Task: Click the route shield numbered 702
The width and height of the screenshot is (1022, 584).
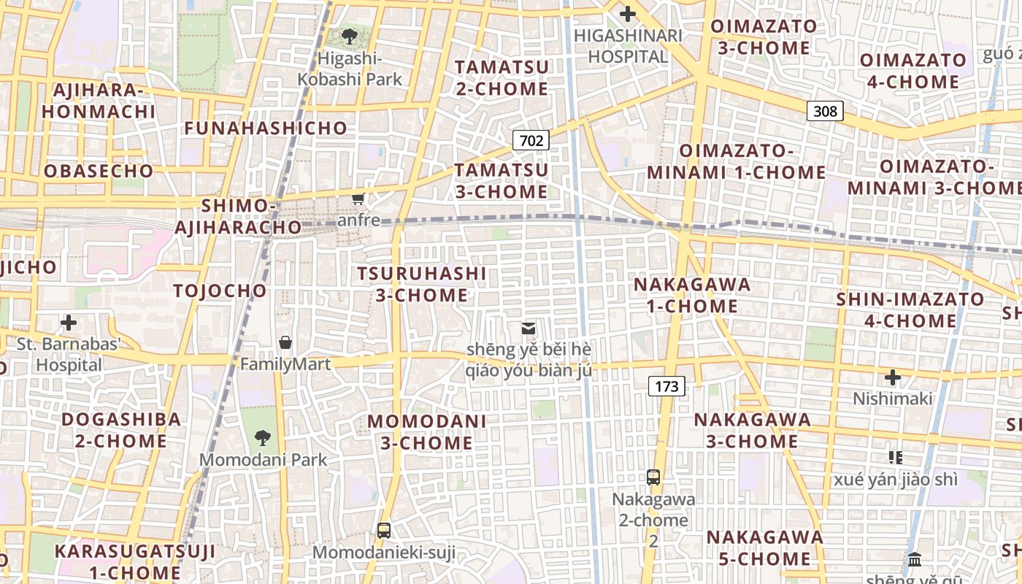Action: pyautogui.click(x=531, y=140)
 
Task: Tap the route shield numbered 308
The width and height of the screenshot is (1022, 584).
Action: pyautogui.click(x=825, y=111)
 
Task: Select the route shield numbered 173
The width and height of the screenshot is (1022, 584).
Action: pyautogui.click(x=666, y=386)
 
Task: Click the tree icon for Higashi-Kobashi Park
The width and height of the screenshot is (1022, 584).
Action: pyautogui.click(x=350, y=35)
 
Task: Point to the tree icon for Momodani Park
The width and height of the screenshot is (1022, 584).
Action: pyautogui.click(x=263, y=438)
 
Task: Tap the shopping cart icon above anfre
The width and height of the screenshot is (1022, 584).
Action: pyautogui.click(x=358, y=199)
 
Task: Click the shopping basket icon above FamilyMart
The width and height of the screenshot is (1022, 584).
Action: pyautogui.click(x=285, y=342)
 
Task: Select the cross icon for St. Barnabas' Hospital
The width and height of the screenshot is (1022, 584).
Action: pyautogui.click(x=69, y=323)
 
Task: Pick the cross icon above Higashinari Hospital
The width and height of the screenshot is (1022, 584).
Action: pyautogui.click(x=627, y=14)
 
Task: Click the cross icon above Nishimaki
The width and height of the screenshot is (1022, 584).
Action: pyautogui.click(x=892, y=377)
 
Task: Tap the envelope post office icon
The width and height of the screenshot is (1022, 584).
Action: pyautogui.click(x=529, y=328)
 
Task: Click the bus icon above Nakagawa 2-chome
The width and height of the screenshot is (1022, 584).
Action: pyautogui.click(x=653, y=477)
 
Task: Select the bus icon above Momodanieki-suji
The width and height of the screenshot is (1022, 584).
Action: pyautogui.click(x=384, y=531)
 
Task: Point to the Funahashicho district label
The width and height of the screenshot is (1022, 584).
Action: pyautogui.click(x=266, y=128)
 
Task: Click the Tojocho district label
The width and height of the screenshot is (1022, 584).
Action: pyautogui.click(x=220, y=291)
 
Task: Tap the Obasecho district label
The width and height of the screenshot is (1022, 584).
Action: pyautogui.click(x=99, y=172)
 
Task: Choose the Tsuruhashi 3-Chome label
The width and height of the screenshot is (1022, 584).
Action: pyautogui.click(x=421, y=284)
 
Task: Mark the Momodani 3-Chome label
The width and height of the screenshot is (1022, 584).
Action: pyautogui.click(x=427, y=432)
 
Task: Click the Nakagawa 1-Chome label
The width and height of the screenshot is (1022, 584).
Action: pyautogui.click(x=692, y=295)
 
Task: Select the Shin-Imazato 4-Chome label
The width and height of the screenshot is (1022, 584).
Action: pyautogui.click(x=910, y=310)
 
